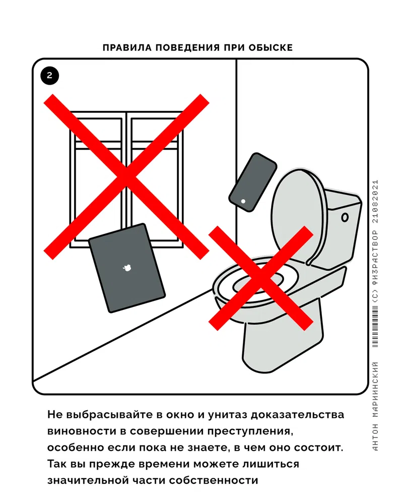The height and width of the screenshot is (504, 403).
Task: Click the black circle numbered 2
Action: point(49,76)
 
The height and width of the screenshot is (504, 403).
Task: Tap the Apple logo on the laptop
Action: point(127,268)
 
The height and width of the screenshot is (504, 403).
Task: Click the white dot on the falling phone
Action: point(243,202)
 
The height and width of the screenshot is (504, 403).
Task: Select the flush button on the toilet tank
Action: point(345,217)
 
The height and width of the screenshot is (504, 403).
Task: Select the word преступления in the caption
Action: point(250,431)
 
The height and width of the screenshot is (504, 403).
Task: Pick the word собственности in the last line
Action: point(214,480)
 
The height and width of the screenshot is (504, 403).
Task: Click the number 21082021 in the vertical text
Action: point(375,201)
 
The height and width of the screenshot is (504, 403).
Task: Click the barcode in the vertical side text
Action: point(375,326)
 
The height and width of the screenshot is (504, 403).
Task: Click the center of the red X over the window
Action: point(126,176)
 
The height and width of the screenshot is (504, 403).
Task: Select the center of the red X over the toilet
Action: point(260,278)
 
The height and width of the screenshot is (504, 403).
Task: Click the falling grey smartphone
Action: point(253,182)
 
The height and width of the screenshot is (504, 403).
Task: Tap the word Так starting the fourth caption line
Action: point(57,464)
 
